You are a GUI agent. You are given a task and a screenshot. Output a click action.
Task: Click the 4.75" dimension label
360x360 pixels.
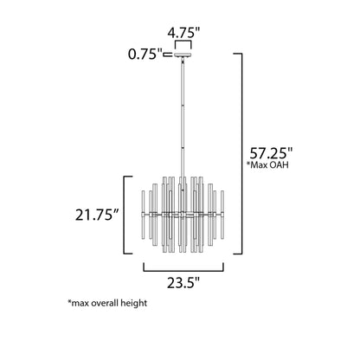click(183, 33)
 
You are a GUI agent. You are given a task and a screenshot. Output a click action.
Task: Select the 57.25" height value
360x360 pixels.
click(271, 153)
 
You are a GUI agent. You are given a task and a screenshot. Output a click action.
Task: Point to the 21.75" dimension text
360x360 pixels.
click(97, 215)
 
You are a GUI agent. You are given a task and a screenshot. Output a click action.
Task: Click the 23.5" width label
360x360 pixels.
click(183, 283)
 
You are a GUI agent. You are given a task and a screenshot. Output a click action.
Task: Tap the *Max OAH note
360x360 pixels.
click(267, 165)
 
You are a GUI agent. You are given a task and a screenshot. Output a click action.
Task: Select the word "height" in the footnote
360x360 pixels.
click(134, 304)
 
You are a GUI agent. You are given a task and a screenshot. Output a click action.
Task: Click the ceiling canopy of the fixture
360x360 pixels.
click(183, 55)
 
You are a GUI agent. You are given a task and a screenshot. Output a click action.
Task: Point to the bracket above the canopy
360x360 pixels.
click(183, 42)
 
